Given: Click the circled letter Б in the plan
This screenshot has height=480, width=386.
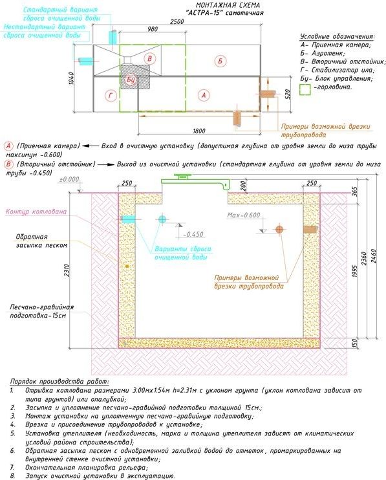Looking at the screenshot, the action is [220, 61].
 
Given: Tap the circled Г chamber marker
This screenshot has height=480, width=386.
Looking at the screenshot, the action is [111, 96].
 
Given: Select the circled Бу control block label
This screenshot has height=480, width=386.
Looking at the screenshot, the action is [131, 80].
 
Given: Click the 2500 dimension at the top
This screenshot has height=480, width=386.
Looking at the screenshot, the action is [177, 21].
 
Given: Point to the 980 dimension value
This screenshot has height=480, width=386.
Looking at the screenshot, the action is [153, 29].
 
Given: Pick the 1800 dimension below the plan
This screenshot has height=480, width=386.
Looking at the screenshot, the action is [199, 131].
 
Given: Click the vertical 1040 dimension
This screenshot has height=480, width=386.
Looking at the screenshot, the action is [72, 79].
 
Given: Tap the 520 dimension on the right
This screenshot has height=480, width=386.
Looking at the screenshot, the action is [287, 94].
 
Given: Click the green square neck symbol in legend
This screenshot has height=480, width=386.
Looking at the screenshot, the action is [305, 89].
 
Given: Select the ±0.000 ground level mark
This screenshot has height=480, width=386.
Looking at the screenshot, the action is [69, 179].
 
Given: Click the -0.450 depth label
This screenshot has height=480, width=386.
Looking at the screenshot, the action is [193, 234].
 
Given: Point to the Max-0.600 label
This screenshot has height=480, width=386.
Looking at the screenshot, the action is [244, 215].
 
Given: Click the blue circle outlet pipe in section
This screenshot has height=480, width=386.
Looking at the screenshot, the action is [162, 219].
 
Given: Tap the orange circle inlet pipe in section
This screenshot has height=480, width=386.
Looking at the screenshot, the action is [279, 229].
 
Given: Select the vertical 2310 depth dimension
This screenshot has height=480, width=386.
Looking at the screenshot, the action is [67, 270].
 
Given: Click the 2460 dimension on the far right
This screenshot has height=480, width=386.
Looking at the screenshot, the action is [373, 256].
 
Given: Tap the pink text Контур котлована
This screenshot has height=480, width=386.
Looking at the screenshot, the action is [36, 212].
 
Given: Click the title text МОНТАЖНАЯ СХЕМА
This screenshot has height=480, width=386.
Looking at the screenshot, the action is [228, 5].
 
